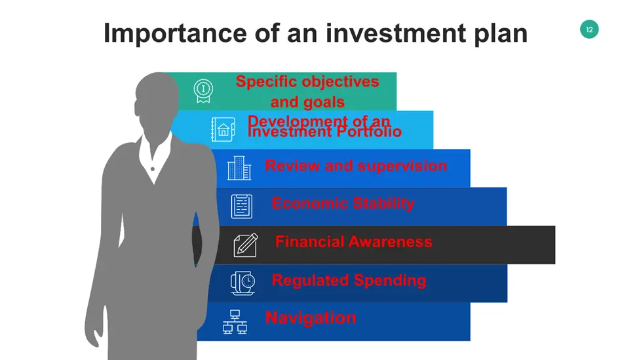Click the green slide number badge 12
[x=589, y=30]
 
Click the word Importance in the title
[x=175, y=33]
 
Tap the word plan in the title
[x=501, y=34]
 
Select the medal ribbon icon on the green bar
[x=203, y=91]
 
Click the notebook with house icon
[x=223, y=129]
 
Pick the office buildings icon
[x=239, y=168]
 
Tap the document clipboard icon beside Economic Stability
[x=242, y=207]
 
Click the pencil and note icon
[x=246, y=245]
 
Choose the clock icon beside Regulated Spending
[x=243, y=283]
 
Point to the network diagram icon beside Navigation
[x=235, y=322]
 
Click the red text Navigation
[x=311, y=317]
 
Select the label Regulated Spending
[x=349, y=281]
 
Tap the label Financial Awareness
[x=354, y=241]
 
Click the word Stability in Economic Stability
[x=383, y=203]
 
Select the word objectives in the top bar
[x=337, y=82]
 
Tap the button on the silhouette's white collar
[x=153, y=169]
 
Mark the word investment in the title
[x=395, y=33]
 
